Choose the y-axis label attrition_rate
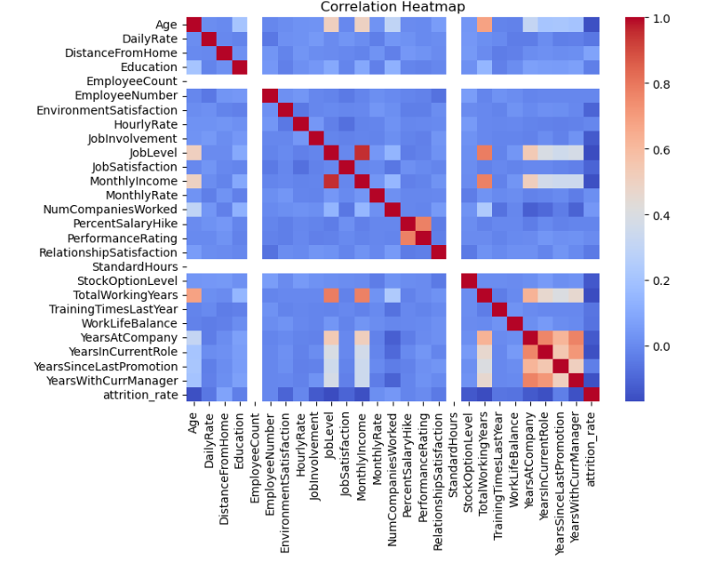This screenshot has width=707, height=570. tap(141, 394)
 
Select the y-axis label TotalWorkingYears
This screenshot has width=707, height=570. tap(125, 295)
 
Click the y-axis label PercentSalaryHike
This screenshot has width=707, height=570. tap(125, 224)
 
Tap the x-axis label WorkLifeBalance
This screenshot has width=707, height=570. tap(515, 456)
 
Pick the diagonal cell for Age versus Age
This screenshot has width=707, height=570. tap(194, 24)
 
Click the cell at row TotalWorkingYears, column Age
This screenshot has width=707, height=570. tap(194, 295)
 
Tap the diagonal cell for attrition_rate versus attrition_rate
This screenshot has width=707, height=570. tap(591, 394)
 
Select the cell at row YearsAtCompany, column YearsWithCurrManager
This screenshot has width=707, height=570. tap(574, 337)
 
